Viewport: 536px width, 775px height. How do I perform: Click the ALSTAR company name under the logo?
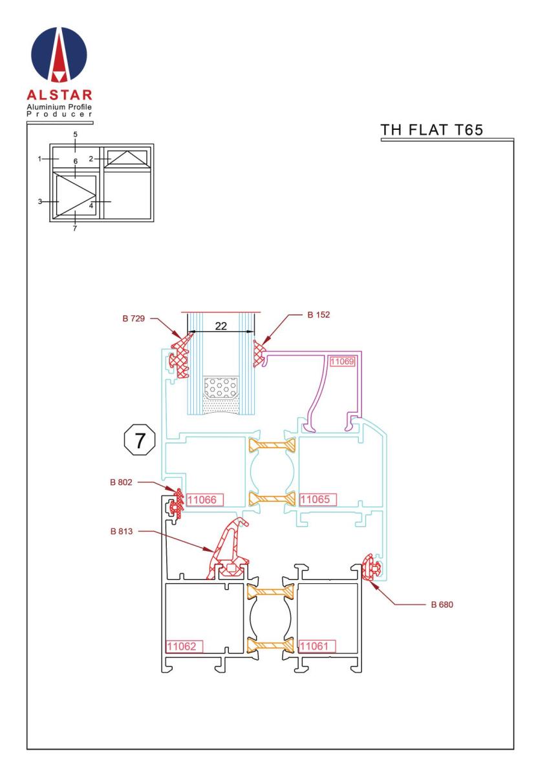(x=59, y=95)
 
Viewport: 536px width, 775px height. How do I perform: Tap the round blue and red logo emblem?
(x=59, y=55)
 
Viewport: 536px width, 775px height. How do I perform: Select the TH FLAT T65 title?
(x=431, y=130)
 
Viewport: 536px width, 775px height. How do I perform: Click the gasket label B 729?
(x=133, y=318)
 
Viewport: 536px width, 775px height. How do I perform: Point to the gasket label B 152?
(x=318, y=315)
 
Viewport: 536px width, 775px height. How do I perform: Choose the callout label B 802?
(x=121, y=482)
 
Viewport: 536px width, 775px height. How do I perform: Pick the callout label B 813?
(x=122, y=532)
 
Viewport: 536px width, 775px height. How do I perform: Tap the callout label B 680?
(x=442, y=604)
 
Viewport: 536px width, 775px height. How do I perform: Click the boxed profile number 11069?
(x=342, y=362)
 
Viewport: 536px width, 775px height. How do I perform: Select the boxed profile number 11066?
(x=205, y=500)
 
